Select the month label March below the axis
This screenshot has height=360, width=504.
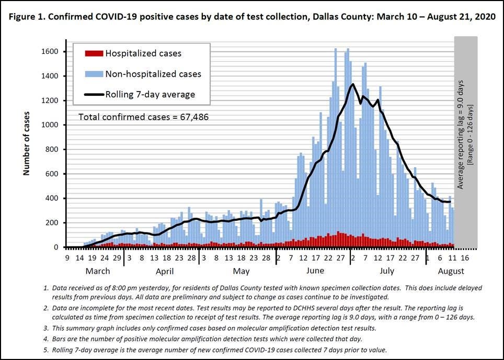pos(97,271)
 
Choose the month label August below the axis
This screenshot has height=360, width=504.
pos(451,271)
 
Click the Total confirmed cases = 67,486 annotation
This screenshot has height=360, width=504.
pos(143,117)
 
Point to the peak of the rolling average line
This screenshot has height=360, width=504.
pos(353,84)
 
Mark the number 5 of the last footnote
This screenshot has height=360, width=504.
pos(47,350)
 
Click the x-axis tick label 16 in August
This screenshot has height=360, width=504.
pos(464,258)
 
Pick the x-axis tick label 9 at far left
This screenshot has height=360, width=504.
pos(67,258)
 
